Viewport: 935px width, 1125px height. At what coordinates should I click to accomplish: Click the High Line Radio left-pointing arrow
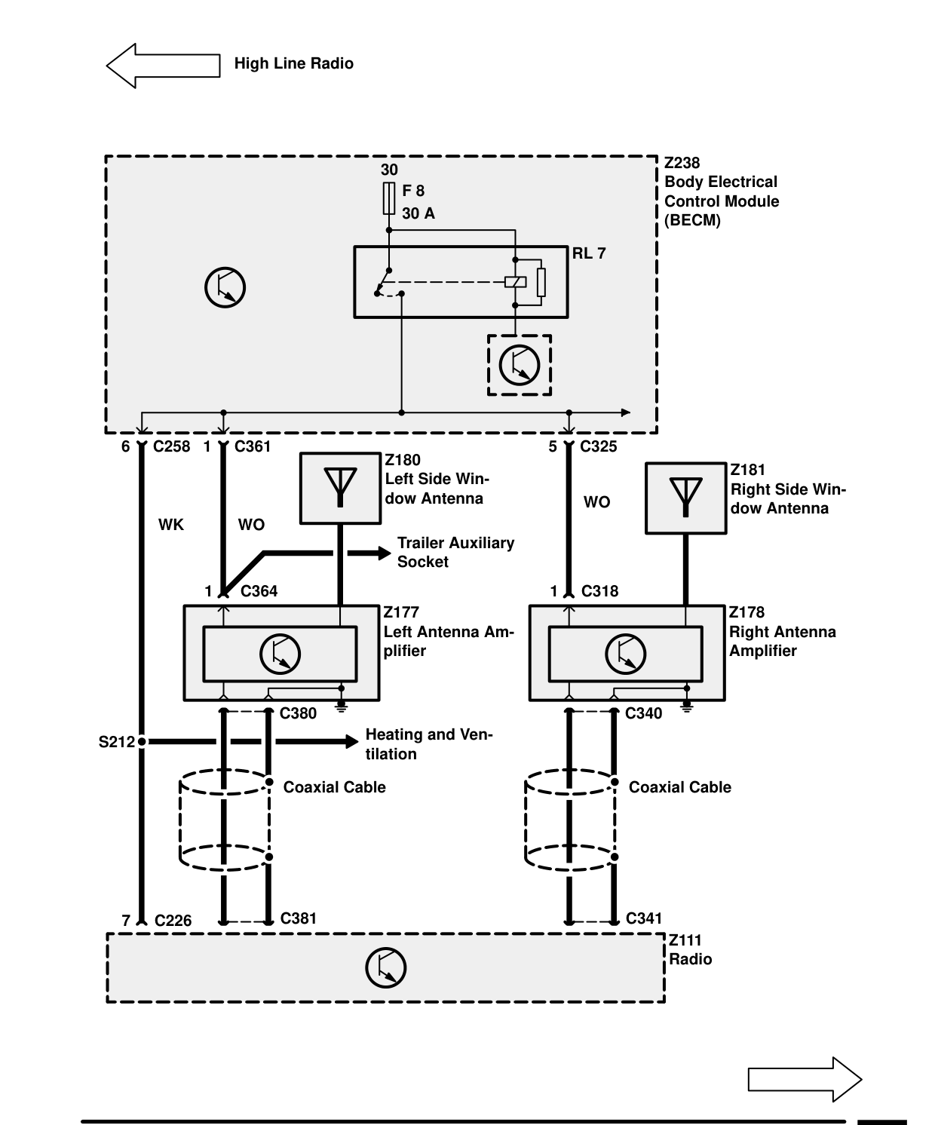163,66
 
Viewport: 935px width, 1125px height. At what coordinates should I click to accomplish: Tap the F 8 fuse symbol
388,198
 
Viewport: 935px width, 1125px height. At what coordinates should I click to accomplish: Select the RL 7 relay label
589,253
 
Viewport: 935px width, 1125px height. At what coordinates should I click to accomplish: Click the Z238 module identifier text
682,163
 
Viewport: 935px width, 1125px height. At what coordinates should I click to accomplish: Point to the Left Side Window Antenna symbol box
340,488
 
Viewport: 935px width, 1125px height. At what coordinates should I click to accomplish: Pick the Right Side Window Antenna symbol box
685,498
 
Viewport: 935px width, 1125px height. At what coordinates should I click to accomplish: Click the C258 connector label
171,446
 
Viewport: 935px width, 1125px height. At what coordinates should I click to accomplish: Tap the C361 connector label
252,446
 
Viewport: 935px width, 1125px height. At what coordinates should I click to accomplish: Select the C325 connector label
598,446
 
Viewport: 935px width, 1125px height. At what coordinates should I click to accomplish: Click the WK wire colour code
171,525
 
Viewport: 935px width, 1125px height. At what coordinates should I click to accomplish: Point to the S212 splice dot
142,742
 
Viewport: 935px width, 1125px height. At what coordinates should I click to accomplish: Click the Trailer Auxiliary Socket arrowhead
385,553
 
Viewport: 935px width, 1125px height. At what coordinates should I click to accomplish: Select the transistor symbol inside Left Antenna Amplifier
280,654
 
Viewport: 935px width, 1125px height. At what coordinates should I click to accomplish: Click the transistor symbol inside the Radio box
385,967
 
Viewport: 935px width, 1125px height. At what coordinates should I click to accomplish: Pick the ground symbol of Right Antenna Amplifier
686,707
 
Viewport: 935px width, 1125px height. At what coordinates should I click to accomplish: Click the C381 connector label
298,918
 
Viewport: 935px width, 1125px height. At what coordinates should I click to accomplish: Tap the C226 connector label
173,920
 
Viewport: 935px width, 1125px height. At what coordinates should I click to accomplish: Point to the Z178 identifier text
746,612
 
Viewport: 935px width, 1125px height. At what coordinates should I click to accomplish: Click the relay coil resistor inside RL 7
541,282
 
